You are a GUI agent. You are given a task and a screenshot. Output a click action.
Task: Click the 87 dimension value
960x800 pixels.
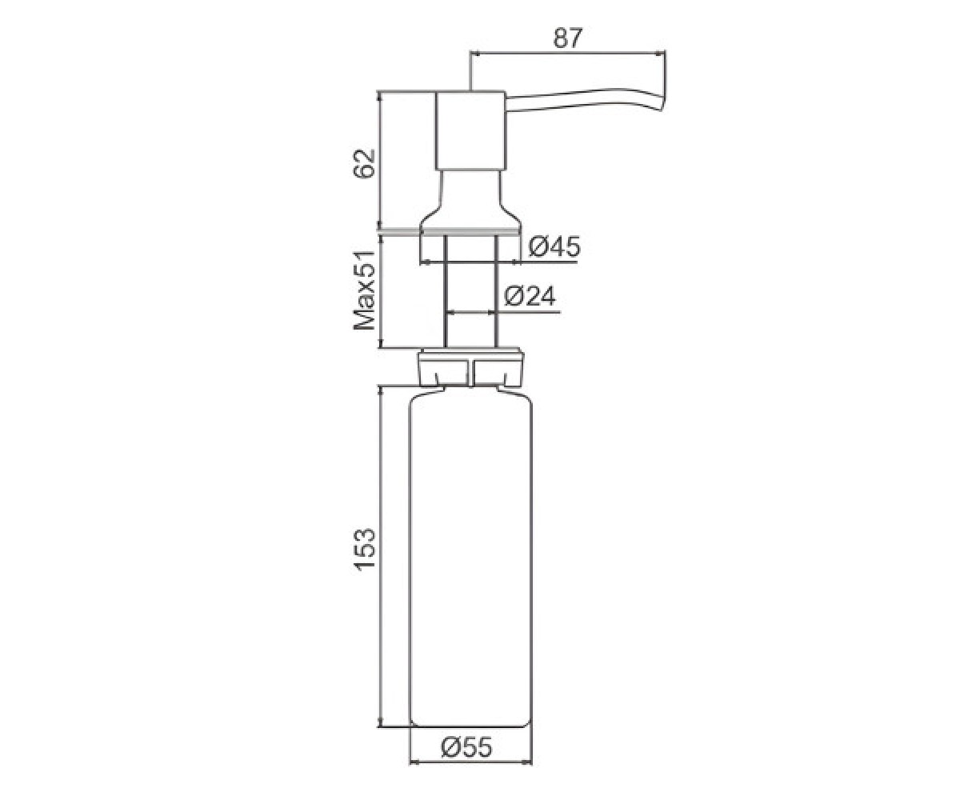(x=568, y=38)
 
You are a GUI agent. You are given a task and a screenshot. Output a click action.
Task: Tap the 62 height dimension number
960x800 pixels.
(x=365, y=163)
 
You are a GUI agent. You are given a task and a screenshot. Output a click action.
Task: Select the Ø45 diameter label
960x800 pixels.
(x=554, y=247)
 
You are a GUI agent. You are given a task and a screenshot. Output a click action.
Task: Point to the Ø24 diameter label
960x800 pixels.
(x=530, y=297)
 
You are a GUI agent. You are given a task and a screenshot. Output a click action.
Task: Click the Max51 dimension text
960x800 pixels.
(x=365, y=290)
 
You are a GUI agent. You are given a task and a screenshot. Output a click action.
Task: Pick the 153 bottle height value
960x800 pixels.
(x=365, y=550)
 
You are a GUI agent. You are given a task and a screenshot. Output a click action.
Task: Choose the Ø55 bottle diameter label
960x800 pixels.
(x=466, y=760)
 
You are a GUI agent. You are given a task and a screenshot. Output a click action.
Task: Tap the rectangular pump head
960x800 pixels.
(x=470, y=131)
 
